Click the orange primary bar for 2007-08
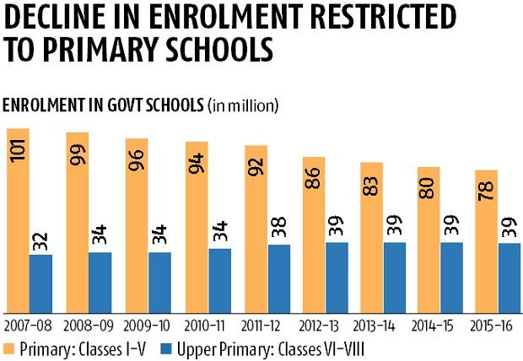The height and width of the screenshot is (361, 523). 18,219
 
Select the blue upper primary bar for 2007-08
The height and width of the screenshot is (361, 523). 40,283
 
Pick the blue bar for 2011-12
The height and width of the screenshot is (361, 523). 279,277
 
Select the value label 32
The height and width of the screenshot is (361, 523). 40,240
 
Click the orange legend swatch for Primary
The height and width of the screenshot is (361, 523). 9,346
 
